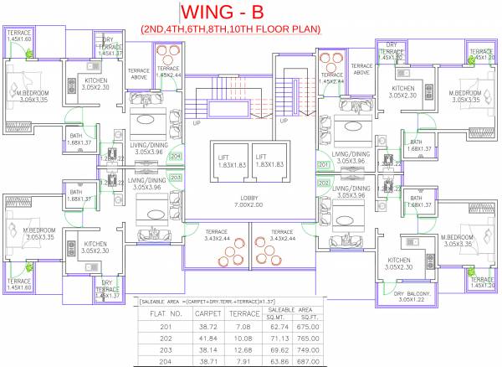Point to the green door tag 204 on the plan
point(175,157)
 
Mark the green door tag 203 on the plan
point(175,178)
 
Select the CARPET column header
point(207,313)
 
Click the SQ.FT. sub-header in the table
point(308,317)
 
